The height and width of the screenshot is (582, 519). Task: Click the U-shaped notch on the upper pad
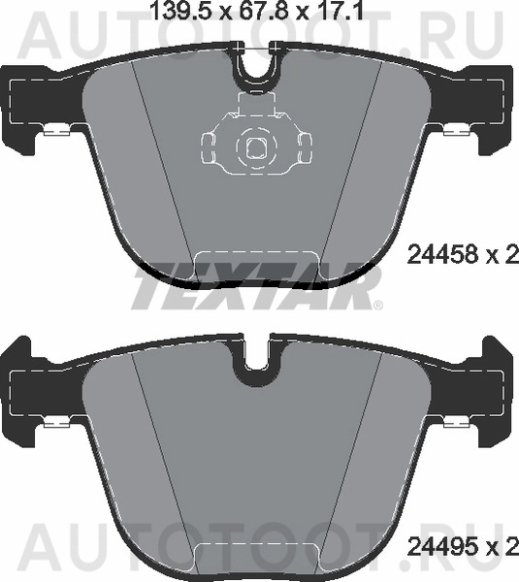point(257,69)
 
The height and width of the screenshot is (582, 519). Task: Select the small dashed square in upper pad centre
point(257,147)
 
